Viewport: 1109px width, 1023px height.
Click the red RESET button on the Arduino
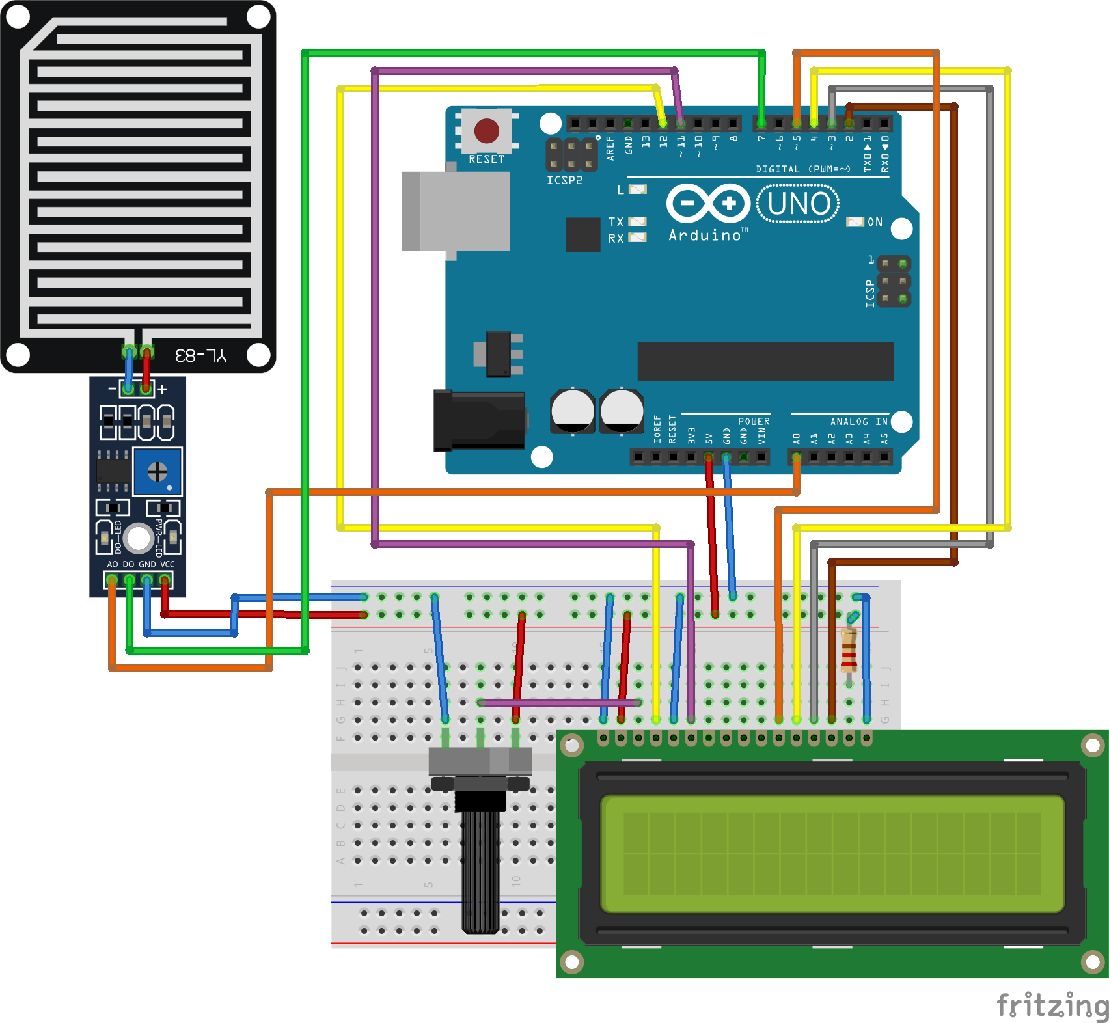(486, 131)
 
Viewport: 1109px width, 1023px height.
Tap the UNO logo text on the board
(799, 204)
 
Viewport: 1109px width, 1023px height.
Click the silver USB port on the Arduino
(456, 211)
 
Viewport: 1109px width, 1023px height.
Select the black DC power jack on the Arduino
(480, 420)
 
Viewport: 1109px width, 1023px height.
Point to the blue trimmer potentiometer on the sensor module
(157, 471)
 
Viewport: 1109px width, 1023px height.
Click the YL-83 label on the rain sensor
(200, 355)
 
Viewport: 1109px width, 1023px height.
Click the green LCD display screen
(832, 853)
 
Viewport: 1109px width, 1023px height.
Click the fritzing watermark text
(1052, 1005)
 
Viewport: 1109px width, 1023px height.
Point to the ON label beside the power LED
(875, 223)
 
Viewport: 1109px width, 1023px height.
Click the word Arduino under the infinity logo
(705, 236)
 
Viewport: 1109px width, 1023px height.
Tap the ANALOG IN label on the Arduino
(858, 422)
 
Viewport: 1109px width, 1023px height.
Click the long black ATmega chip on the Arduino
(765, 361)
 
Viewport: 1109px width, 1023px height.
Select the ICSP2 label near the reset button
(564, 180)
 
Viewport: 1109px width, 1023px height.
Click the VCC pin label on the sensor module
(167, 564)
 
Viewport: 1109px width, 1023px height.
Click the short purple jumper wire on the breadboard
(560, 702)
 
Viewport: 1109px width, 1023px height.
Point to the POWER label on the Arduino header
(754, 422)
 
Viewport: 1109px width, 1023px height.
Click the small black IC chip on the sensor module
(113, 470)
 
